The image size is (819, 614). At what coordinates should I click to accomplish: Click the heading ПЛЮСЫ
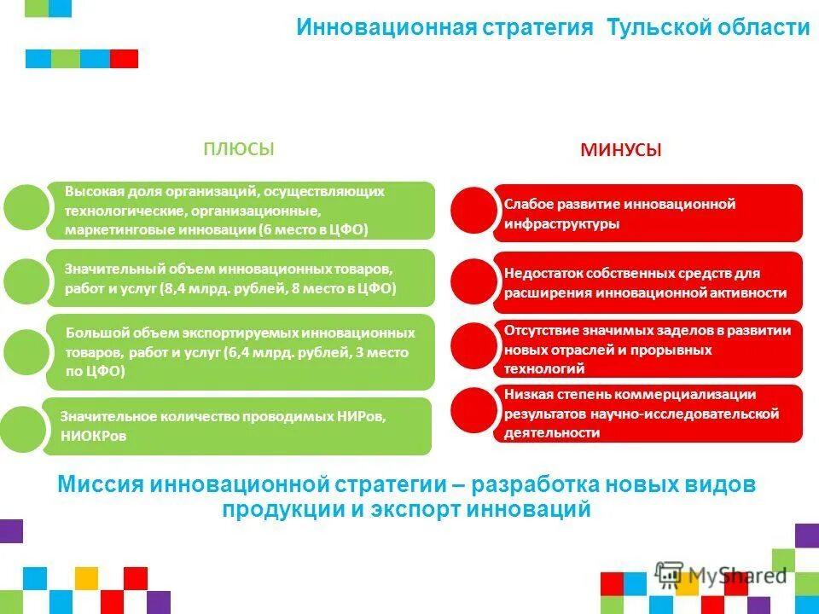click(x=238, y=149)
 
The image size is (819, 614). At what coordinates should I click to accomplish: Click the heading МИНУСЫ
click(x=621, y=151)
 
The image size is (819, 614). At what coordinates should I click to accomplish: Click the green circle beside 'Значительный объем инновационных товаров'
click(x=26, y=279)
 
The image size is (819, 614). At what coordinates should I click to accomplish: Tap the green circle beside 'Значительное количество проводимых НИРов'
click(x=23, y=427)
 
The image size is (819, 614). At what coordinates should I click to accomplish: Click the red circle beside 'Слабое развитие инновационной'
click(x=472, y=210)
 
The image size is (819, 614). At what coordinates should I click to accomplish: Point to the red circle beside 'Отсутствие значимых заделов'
click(x=472, y=345)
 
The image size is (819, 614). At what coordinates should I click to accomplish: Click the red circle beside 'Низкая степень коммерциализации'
click(x=472, y=408)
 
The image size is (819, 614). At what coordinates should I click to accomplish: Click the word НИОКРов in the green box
click(x=94, y=435)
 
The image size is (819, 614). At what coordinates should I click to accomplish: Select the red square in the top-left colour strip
click(x=124, y=59)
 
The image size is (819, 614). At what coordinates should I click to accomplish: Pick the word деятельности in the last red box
click(x=551, y=432)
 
